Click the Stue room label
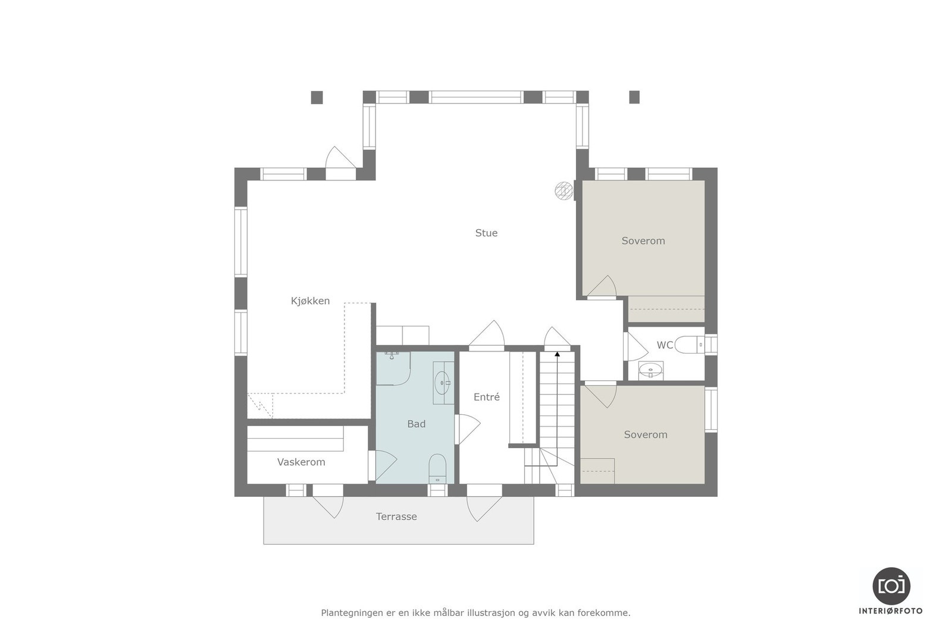pyautogui.click(x=486, y=233)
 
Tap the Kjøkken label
pyautogui.click(x=310, y=301)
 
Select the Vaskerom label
pyautogui.click(x=301, y=462)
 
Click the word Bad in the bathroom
pyautogui.click(x=416, y=424)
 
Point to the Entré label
pyautogui.click(x=486, y=398)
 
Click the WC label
pyautogui.click(x=665, y=345)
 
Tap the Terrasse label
pyautogui.click(x=396, y=517)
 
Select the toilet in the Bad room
pyautogui.click(x=437, y=467)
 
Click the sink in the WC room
pyautogui.click(x=650, y=371)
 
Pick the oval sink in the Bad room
pyautogui.click(x=442, y=383)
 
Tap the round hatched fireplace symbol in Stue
pyautogui.click(x=563, y=190)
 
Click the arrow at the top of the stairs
pyautogui.click(x=557, y=355)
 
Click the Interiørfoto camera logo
pyautogui.click(x=891, y=586)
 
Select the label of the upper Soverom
pyautogui.click(x=643, y=241)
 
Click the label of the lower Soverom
pyautogui.click(x=645, y=435)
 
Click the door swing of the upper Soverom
pyautogui.click(x=603, y=287)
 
